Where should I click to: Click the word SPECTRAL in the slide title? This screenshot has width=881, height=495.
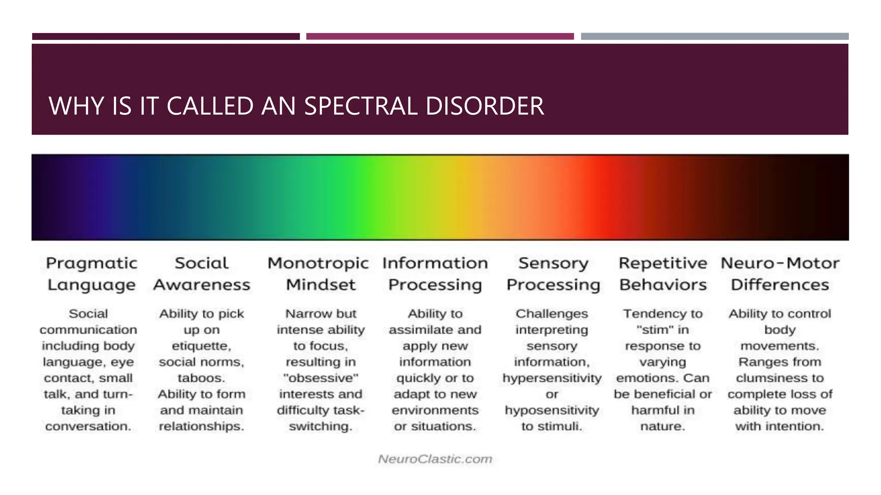(x=360, y=106)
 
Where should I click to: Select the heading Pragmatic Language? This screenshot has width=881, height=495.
(x=91, y=274)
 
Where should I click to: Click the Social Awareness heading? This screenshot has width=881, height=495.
(x=201, y=274)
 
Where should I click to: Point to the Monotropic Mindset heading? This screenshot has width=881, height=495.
(x=318, y=274)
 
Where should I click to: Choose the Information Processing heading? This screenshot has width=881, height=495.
(x=435, y=274)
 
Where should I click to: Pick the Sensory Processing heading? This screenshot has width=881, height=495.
(x=553, y=274)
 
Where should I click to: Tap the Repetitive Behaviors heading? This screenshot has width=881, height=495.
(x=663, y=274)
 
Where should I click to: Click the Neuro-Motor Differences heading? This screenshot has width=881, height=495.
(x=780, y=274)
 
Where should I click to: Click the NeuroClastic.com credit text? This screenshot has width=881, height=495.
(x=435, y=459)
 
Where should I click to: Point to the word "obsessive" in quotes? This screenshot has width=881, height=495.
(x=321, y=378)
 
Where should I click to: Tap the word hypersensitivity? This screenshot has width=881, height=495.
(x=552, y=378)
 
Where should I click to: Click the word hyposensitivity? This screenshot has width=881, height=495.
(x=552, y=410)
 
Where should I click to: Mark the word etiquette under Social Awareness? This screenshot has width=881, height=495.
(x=201, y=346)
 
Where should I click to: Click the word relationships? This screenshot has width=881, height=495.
(x=201, y=426)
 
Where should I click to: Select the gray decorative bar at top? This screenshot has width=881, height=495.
(x=715, y=37)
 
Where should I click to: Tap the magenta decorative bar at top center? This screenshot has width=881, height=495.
(x=440, y=37)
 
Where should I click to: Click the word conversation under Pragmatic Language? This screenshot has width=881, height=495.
(x=88, y=426)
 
